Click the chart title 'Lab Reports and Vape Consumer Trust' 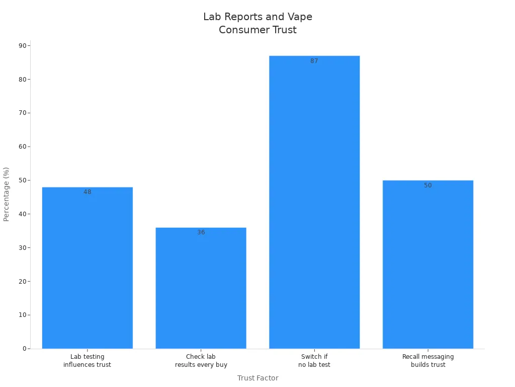tap(257, 23)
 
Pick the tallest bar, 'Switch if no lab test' tap(314, 202)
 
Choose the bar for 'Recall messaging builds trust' tap(427, 264)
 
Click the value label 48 tap(88, 192)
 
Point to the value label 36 tap(201, 232)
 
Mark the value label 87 tap(314, 61)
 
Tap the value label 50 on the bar tap(427, 185)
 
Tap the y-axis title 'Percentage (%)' tap(7, 194)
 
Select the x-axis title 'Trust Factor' tap(257, 378)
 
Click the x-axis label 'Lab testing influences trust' tap(88, 361)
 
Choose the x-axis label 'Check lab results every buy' tap(201, 361)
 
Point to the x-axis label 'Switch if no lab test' tap(314, 361)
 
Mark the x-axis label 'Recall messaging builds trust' tap(427, 361)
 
